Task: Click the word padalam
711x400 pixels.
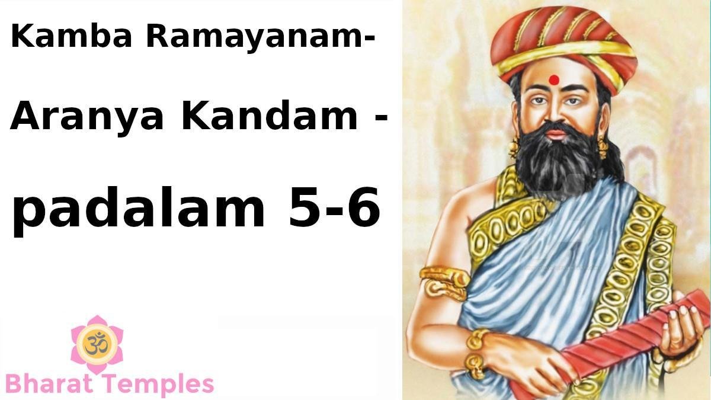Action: click(x=138, y=207)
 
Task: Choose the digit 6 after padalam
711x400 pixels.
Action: click(x=361, y=207)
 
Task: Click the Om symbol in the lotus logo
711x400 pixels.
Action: click(x=97, y=344)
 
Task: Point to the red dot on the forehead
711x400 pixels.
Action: click(x=554, y=80)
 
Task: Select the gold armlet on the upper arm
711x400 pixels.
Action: click(x=444, y=283)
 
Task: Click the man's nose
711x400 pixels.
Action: click(x=556, y=114)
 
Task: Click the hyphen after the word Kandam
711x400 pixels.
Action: click(x=381, y=116)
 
